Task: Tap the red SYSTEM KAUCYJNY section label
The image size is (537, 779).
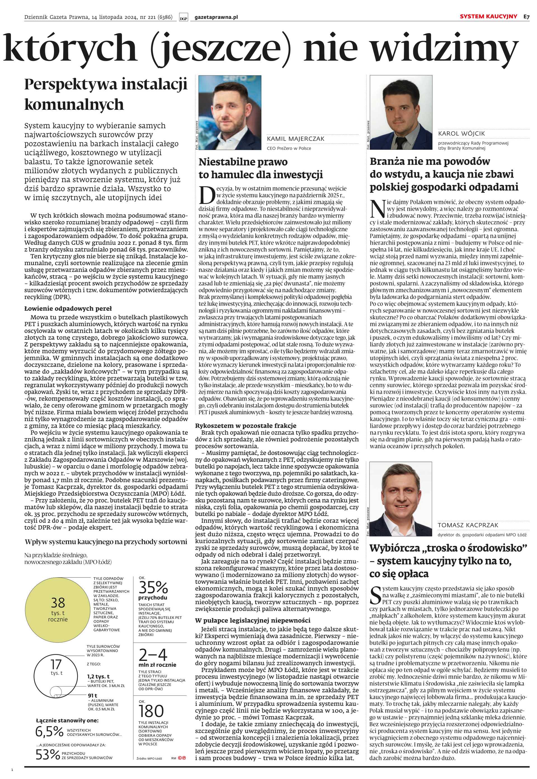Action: coord(488,16)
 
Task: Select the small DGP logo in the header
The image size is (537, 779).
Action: coord(184,18)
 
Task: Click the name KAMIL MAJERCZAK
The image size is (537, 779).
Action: coord(295,139)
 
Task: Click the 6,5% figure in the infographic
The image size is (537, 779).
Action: coord(49,731)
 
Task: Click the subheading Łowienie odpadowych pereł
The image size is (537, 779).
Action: coord(68,308)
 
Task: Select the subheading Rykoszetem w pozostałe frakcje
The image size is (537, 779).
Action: coord(246,426)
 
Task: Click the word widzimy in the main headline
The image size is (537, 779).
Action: coord(444,49)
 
